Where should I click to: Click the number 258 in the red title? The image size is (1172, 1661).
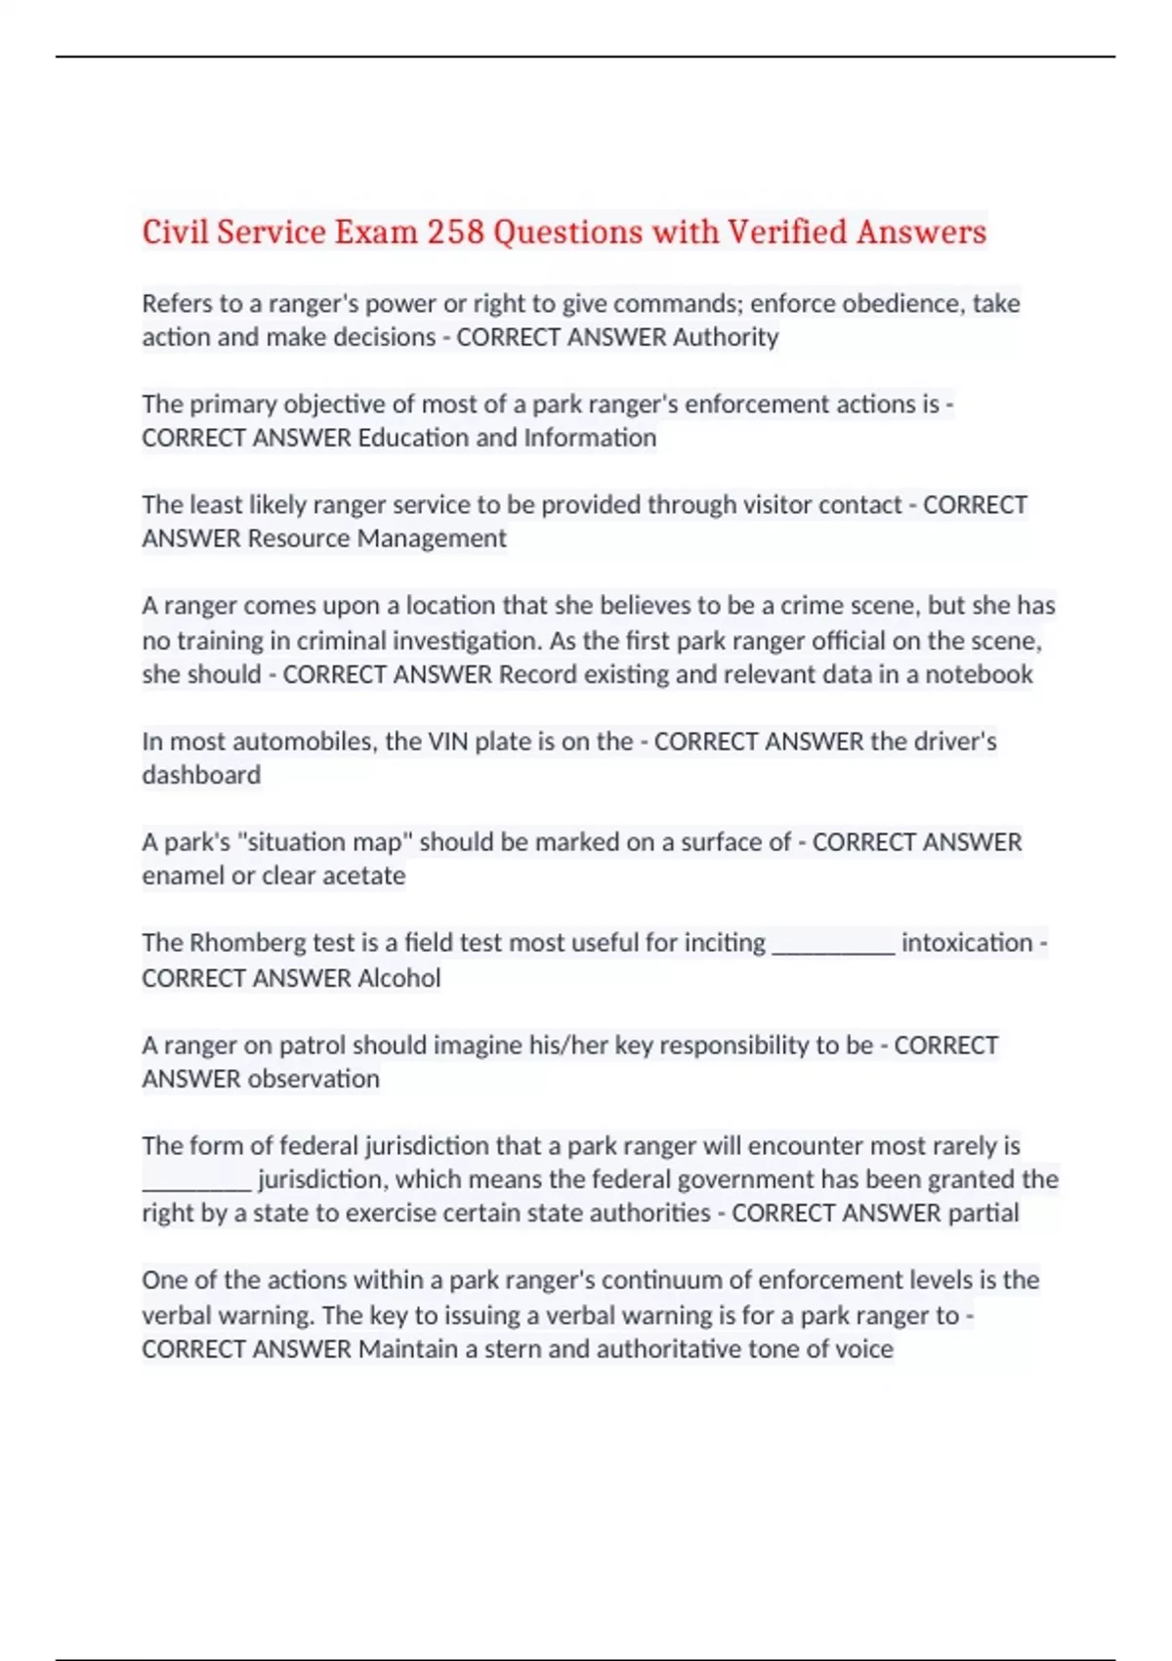(455, 233)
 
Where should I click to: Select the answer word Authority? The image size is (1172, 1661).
(726, 337)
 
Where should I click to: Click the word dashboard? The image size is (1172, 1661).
(201, 775)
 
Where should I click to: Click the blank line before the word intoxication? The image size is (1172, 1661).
(833, 946)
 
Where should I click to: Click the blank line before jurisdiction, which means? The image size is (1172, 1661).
(196, 1182)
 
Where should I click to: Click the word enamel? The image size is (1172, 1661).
(183, 875)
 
